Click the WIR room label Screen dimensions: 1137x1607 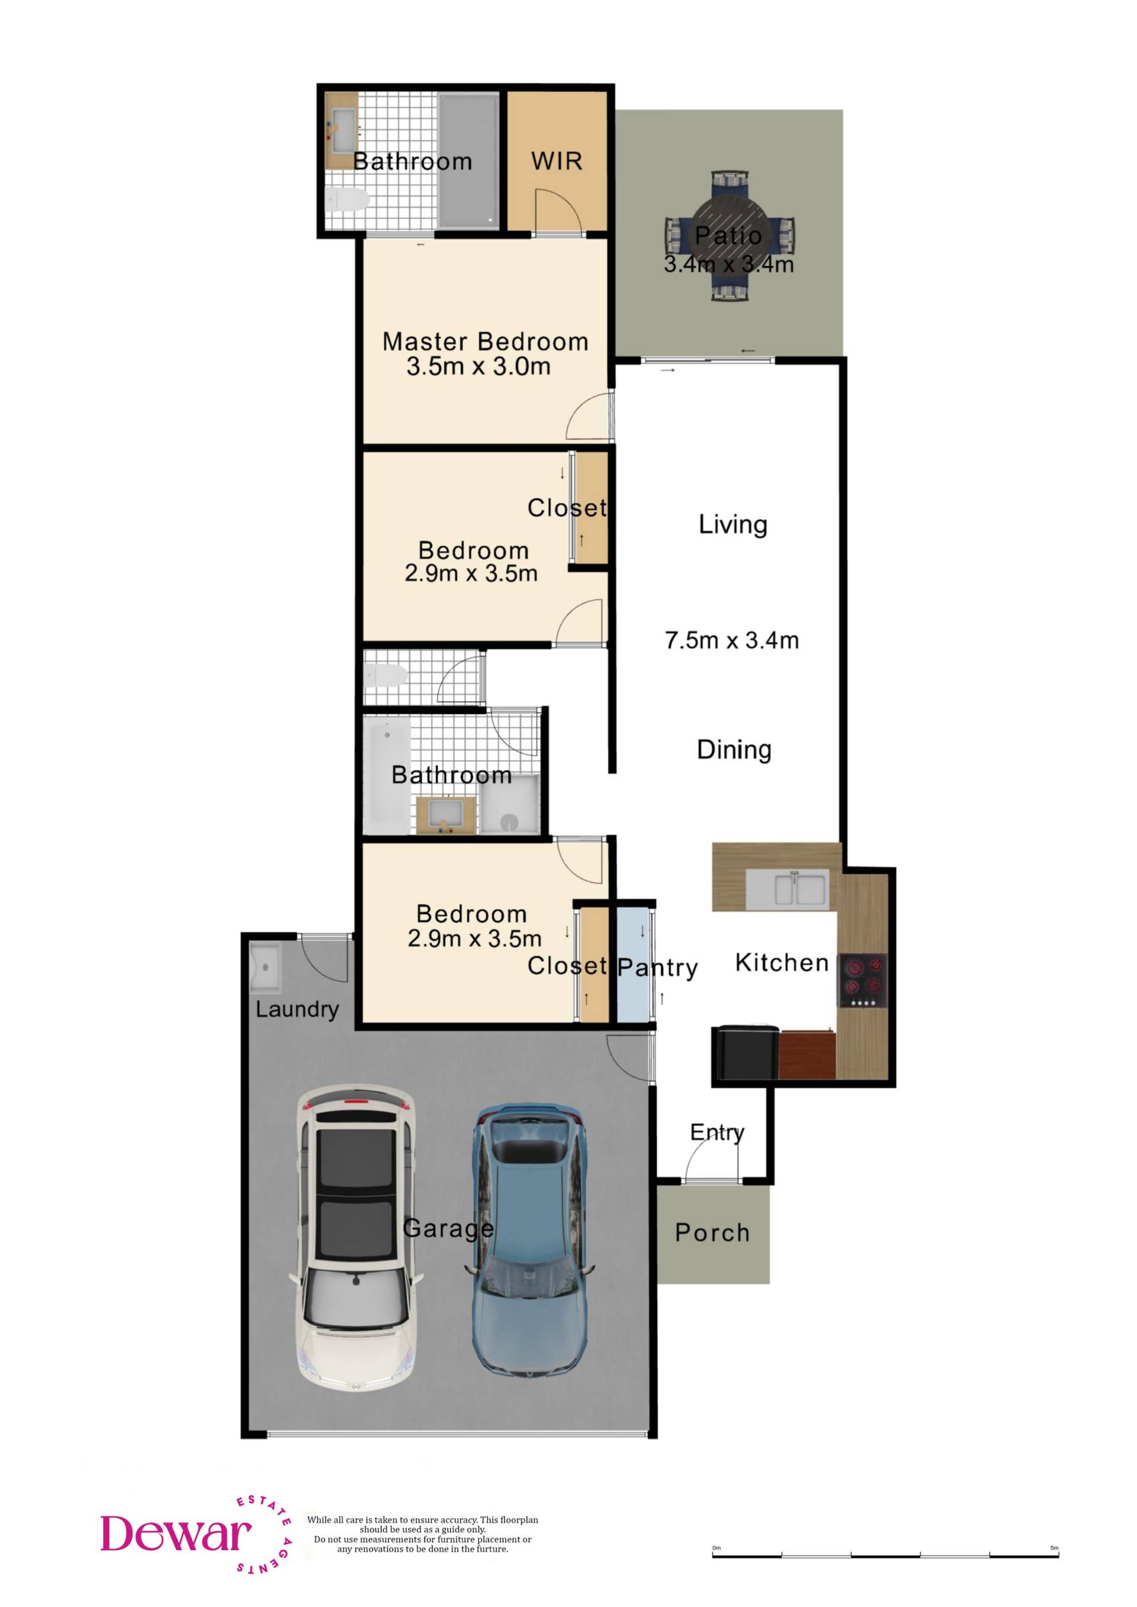click(557, 162)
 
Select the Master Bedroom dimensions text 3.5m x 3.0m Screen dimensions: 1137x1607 click(479, 366)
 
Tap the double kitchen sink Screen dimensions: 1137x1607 click(788, 890)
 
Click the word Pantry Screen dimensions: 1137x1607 click(657, 969)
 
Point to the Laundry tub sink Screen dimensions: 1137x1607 click(265, 967)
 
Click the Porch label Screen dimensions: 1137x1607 click(712, 1232)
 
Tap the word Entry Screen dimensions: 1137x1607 click(717, 1132)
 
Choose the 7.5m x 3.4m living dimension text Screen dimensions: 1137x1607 click(731, 640)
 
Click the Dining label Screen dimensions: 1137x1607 click(734, 749)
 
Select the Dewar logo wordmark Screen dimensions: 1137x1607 click(176, 1534)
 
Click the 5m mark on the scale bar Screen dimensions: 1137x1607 click(1054, 1547)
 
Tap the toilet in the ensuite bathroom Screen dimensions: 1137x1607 click(347, 200)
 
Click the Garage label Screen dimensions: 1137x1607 click(448, 1228)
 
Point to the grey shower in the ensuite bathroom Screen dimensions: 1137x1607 click(468, 160)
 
